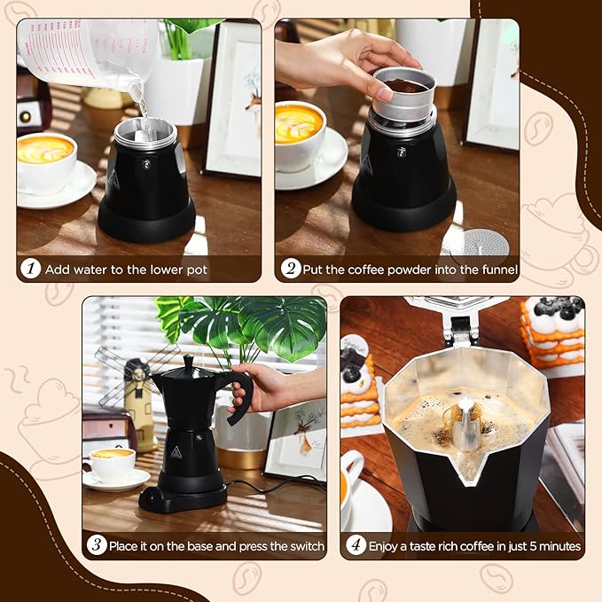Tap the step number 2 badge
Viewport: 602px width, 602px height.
(x=291, y=269)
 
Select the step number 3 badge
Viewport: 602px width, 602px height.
(x=97, y=545)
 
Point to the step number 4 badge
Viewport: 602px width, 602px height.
(x=356, y=545)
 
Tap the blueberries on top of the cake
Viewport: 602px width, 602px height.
(x=553, y=308)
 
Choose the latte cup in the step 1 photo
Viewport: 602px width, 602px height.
(x=46, y=160)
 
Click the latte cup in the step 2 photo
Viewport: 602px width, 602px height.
(x=300, y=133)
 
